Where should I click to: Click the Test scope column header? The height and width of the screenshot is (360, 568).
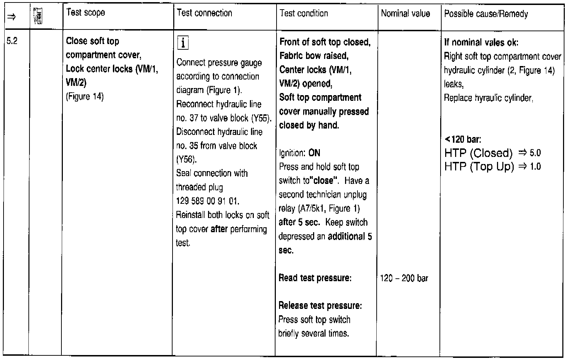click(86, 13)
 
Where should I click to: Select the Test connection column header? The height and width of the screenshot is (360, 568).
click(204, 13)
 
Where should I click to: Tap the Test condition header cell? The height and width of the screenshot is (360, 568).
click(304, 14)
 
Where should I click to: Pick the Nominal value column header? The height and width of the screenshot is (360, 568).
click(405, 14)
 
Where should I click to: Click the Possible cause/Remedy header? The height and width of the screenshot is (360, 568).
click(486, 14)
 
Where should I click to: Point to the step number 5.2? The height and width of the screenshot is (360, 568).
click(12, 41)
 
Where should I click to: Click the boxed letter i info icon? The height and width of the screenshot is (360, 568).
click(182, 43)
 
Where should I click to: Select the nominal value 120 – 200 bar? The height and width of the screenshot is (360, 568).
click(404, 278)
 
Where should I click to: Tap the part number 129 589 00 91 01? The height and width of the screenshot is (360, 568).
click(208, 201)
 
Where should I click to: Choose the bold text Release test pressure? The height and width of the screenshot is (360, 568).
click(320, 306)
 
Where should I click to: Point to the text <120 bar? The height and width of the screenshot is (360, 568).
click(463, 139)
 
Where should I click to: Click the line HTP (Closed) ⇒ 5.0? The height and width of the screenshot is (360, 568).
click(492, 153)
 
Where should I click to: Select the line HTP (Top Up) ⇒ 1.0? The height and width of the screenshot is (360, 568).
click(492, 167)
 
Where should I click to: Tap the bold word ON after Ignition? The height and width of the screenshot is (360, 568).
click(314, 153)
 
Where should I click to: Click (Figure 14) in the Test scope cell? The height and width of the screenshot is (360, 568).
click(85, 97)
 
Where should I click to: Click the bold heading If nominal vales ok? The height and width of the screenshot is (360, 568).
click(481, 43)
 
